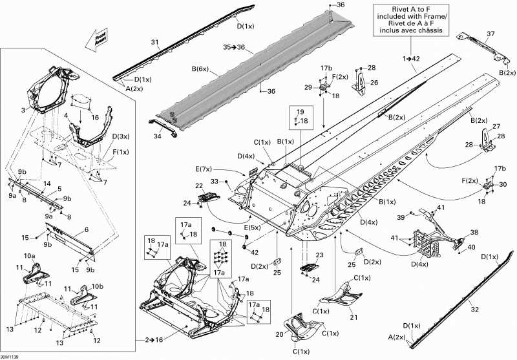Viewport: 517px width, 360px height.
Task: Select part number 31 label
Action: pos(154,42)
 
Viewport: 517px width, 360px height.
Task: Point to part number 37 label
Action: pos(491,34)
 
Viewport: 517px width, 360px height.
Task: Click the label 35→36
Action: pos(234,47)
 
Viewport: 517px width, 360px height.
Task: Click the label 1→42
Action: pos(411,59)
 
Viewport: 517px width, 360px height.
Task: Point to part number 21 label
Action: pos(353,317)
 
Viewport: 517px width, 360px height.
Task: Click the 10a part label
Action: pos(30,257)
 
